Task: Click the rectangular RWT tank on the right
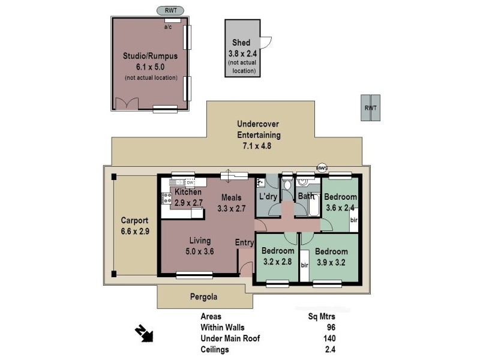(x=371, y=107)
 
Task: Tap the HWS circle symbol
(x=322, y=168)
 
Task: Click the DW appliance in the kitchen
(x=190, y=182)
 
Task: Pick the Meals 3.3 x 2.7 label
(x=232, y=203)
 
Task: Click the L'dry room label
(x=268, y=197)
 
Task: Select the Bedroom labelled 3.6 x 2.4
(x=340, y=203)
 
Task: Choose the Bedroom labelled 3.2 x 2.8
(x=278, y=256)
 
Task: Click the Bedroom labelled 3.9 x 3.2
(x=331, y=257)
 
